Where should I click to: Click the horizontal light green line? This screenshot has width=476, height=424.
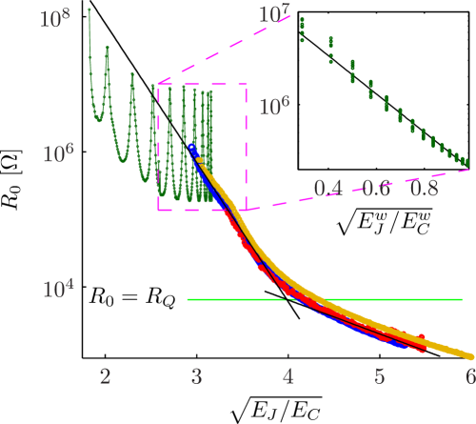[324, 299]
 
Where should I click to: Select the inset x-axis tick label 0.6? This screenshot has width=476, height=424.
[382, 181]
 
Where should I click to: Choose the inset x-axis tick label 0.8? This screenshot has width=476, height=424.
[433, 181]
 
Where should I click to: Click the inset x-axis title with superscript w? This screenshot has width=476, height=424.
[382, 218]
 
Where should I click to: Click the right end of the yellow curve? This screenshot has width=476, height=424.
[468, 354]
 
